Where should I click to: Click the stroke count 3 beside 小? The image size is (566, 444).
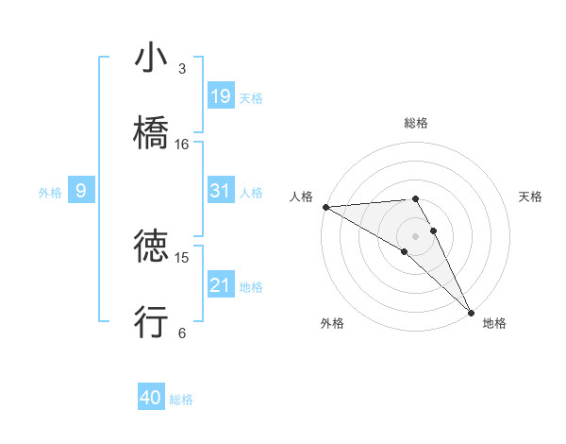pos(182,69)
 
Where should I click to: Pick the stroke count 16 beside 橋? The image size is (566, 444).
pos(182,145)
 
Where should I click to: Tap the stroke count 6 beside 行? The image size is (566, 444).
pos(182,333)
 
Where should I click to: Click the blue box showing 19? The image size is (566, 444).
pos(221,95)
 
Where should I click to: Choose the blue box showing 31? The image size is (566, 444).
pos(221,191)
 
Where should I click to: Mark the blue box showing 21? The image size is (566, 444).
pos(221,285)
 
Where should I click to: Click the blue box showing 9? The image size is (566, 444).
pos(81,191)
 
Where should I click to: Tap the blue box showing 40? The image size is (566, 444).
pos(151,398)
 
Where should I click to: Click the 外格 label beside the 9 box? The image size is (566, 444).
pos(50,192)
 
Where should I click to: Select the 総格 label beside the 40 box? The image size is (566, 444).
pos(181,400)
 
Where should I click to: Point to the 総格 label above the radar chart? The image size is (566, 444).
pos(415,123)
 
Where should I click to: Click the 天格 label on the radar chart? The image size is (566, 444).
pos(530,196)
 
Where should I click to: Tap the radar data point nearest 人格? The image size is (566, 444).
pos(325,207)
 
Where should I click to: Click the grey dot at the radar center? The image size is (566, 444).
pos(415,235)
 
